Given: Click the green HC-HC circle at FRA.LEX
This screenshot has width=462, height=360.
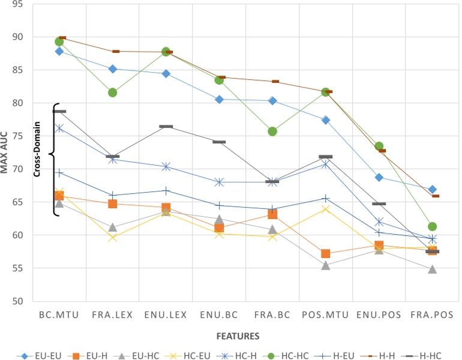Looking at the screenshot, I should click(x=112, y=92).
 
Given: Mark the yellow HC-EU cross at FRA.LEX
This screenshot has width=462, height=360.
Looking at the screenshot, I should click(x=112, y=238).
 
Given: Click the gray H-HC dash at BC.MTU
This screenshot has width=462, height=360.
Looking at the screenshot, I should click(x=59, y=112).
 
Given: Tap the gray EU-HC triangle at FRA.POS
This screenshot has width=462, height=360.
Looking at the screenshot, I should click(x=432, y=269).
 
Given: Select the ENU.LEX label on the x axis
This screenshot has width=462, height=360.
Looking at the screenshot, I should click(x=166, y=314).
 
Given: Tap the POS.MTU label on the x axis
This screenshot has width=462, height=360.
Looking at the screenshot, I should click(x=326, y=314).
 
